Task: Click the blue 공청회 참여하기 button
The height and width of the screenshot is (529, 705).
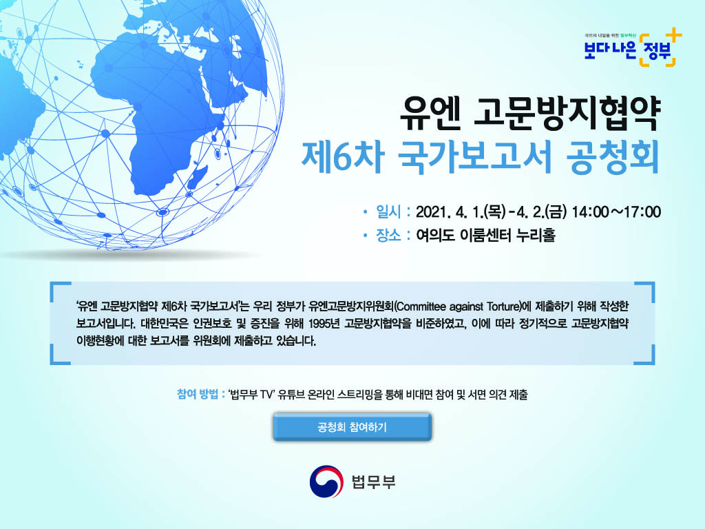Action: pos(352,427)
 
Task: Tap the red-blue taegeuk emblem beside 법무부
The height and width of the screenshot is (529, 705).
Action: pos(326,481)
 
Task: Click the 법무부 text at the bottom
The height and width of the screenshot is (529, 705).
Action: pos(374,481)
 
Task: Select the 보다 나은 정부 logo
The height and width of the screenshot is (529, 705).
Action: pos(633,49)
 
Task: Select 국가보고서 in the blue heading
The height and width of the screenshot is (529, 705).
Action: pos(475,156)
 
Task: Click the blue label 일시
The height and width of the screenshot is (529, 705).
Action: pos(388,211)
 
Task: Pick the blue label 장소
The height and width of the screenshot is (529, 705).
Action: pos(388,235)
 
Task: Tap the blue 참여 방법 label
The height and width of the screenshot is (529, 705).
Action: pos(198,395)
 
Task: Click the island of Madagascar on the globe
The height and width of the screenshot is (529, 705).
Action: pos(198,177)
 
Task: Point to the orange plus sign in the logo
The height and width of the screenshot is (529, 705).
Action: pos(673,34)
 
